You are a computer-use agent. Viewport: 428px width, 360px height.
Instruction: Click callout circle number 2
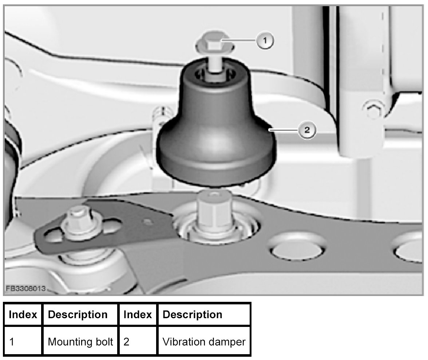(x=306, y=130)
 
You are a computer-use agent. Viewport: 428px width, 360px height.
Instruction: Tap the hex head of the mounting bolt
(x=212, y=45)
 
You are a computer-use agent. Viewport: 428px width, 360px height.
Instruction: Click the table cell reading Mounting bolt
(x=80, y=342)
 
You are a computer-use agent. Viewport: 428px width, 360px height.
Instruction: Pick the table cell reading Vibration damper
(x=204, y=342)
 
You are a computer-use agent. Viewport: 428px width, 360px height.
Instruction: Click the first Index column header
(x=23, y=315)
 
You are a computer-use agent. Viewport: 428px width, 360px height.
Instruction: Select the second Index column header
(x=138, y=315)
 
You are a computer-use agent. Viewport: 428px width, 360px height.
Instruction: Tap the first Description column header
(x=78, y=315)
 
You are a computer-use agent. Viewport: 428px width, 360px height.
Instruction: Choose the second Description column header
(x=192, y=315)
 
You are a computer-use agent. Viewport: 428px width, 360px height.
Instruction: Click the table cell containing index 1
(x=23, y=342)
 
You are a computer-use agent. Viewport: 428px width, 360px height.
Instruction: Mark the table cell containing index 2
(x=138, y=342)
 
